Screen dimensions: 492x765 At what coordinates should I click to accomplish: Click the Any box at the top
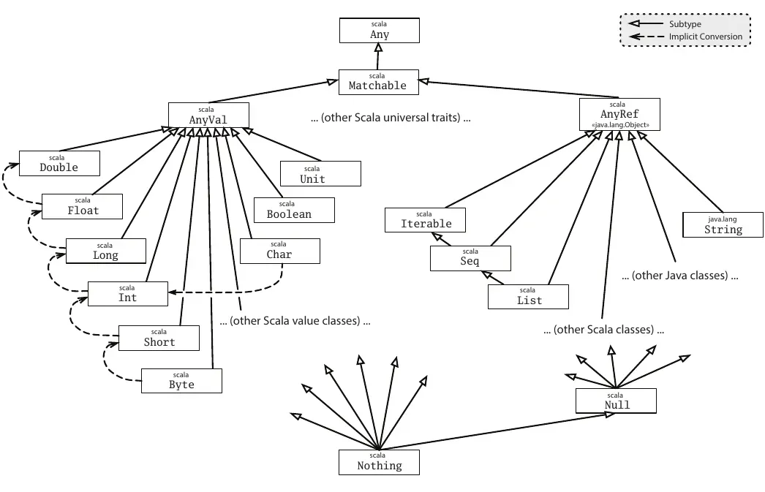point(380,30)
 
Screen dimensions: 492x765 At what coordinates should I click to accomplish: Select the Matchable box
point(377,81)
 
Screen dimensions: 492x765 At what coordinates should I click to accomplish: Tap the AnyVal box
point(208,115)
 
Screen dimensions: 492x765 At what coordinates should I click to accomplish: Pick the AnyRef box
point(619,115)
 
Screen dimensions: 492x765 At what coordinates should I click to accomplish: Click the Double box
point(59,163)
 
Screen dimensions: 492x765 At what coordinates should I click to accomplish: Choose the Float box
point(82,206)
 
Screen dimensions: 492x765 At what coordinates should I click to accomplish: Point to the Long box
point(105,251)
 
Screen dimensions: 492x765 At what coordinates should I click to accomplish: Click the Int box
point(127,293)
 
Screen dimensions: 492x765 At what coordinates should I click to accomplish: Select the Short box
point(159,337)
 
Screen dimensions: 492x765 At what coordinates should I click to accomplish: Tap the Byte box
point(181,380)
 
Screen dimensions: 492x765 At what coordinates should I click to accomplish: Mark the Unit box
point(320,174)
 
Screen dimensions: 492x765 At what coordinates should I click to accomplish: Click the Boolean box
point(294,210)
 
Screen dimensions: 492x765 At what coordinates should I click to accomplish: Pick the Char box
point(279,251)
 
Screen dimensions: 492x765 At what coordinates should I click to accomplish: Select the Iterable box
point(426,219)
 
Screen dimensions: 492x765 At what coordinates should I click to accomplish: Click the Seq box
point(470,258)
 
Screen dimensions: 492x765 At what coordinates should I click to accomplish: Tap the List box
point(529,296)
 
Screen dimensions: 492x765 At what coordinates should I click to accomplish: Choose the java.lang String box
point(723,224)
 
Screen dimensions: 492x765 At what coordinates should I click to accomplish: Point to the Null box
point(617,400)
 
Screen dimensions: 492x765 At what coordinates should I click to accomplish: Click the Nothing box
point(380,461)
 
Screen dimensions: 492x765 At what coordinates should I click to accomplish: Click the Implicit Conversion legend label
point(705,37)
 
